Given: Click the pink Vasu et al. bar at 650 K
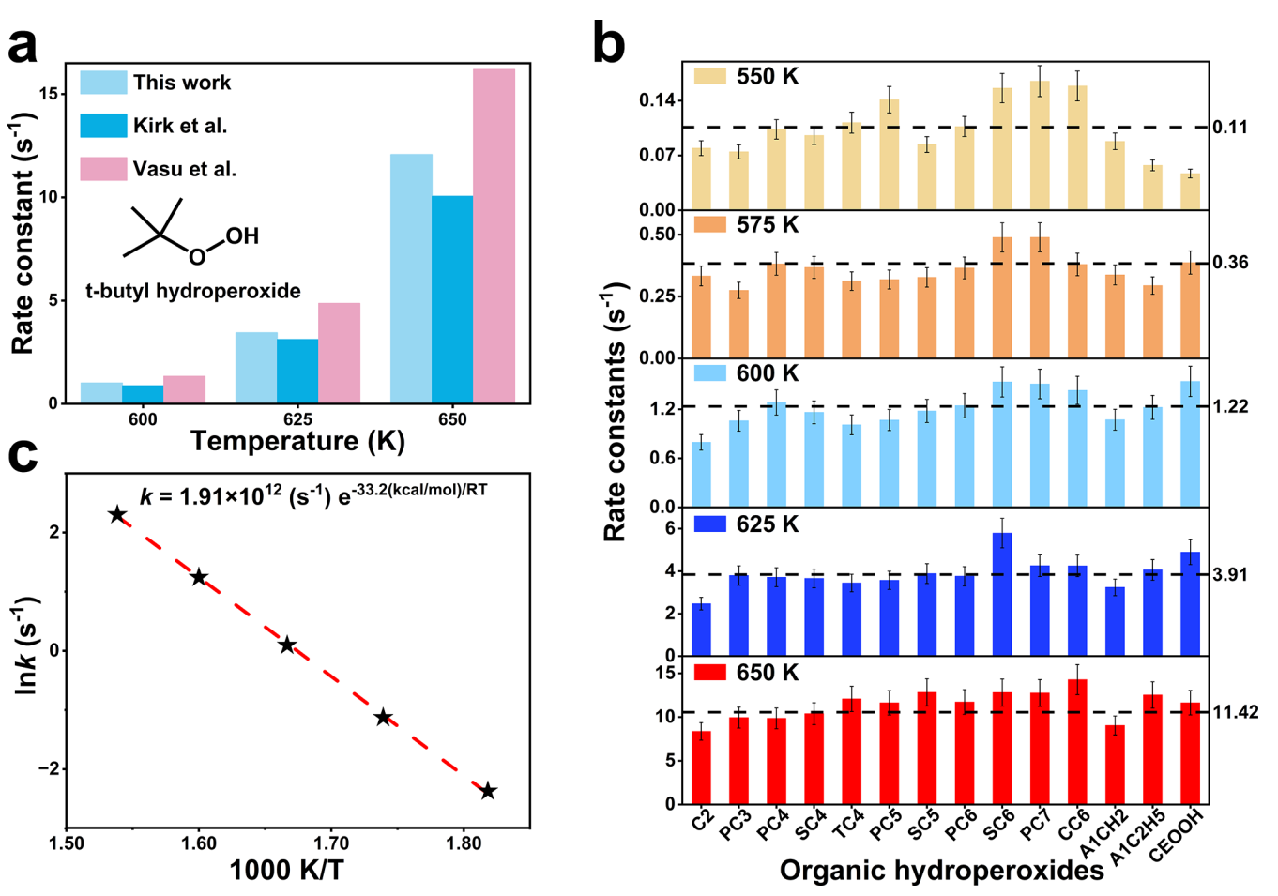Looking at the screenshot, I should pyautogui.click(x=494, y=236).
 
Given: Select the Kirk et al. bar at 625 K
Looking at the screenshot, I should pyautogui.click(x=297, y=372).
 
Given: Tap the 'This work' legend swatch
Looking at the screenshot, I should pyautogui.click(x=103, y=83).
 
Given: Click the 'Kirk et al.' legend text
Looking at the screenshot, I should pyautogui.click(x=180, y=126).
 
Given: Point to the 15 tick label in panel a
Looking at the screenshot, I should pyautogui.click(x=50, y=94).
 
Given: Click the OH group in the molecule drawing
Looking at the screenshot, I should pyautogui.click(x=241, y=235).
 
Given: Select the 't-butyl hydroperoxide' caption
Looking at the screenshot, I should pyautogui.click(x=193, y=291).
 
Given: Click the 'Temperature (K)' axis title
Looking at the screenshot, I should pyautogui.click(x=297, y=441).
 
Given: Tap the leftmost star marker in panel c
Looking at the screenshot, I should pyautogui.click(x=117, y=514).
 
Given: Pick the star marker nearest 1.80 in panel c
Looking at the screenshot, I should pyautogui.click(x=488, y=791).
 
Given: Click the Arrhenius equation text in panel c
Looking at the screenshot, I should pyautogui.click(x=313, y=494).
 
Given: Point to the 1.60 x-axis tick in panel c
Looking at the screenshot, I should pyautogui.click(x=199, y=843).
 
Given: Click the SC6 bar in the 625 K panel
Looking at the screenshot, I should pyautogui.click(x=1002, y=594).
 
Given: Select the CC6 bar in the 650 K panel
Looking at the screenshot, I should pyautogui.click(x=1077, y=741).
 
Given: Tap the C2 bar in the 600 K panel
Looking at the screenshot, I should pyautogui.click(x=701, y=475).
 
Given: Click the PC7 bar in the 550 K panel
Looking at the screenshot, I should pyautogui.click(x=1040, y=145).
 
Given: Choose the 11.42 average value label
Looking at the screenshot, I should pyautogui.click(x=1235, y=713).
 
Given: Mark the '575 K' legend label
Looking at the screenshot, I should pyautogui.click(x=768, y=225).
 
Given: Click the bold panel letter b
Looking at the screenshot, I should pyautogui.click(x=609, y=43).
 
